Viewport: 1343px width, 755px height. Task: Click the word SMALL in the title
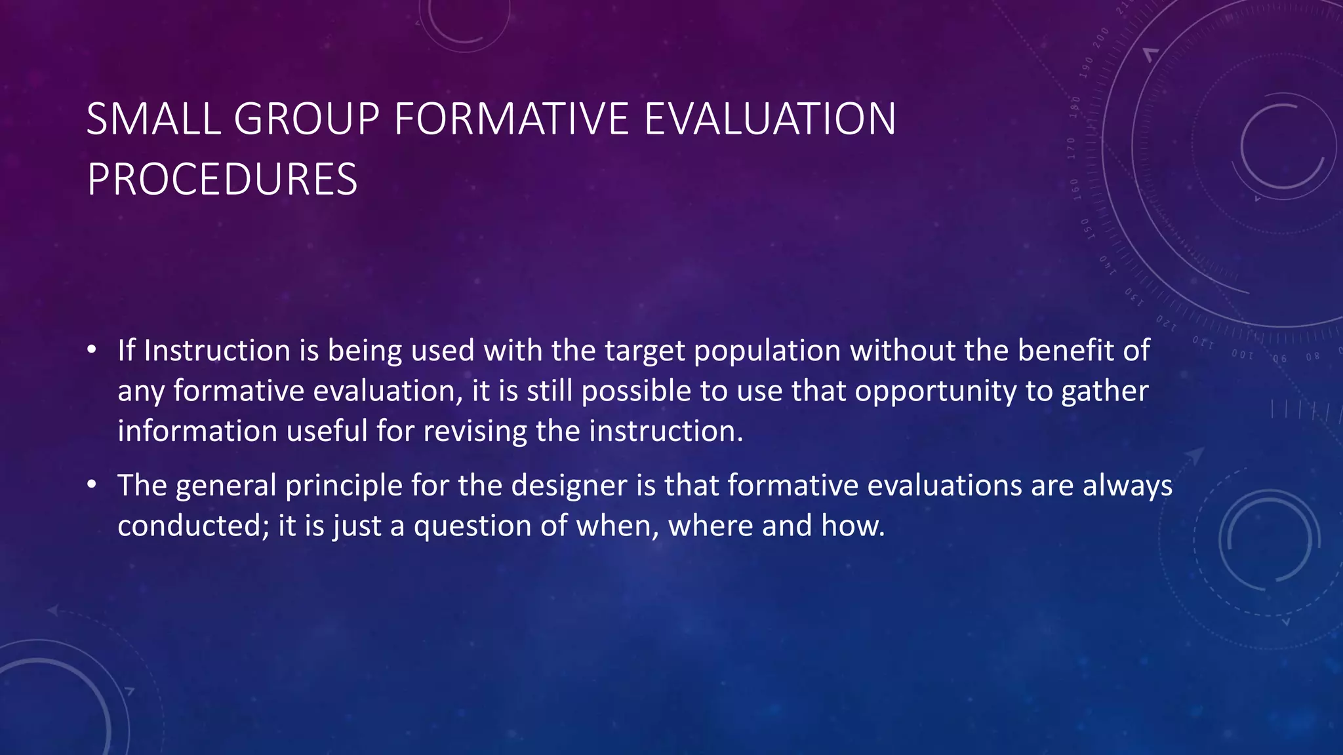point(153,119)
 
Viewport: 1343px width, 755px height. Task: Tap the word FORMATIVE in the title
point(511,119)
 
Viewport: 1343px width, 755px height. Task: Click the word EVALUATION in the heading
point(770,119)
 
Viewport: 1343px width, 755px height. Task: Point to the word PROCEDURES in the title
point(222,180)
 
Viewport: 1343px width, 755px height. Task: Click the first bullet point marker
point(92,350)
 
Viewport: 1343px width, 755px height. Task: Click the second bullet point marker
point(92,485)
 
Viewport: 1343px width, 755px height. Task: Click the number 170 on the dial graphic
point(1072,148)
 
